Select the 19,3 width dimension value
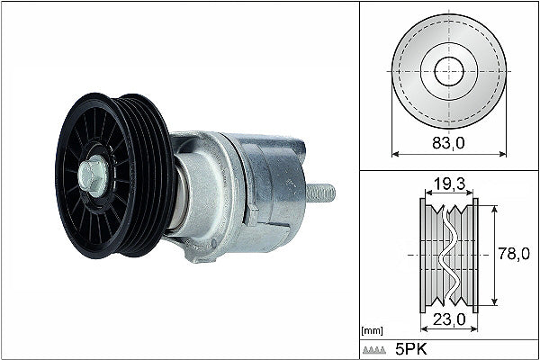point(447,185)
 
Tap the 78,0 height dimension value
point(513,255)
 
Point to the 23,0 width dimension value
point(448,318)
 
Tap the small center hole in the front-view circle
point(448,72)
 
